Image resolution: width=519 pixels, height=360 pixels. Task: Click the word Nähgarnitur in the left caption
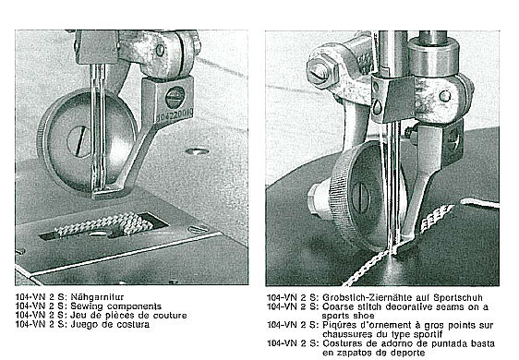[x=97, y=297]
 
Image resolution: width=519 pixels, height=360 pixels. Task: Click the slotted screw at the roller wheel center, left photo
[x=78, y=141]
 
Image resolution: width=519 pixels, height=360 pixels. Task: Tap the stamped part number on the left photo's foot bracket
[x=174, y=115]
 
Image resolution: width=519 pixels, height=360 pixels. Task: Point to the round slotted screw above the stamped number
[x=175, y=97]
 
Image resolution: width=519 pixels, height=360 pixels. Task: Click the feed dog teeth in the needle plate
[x=105, y=224]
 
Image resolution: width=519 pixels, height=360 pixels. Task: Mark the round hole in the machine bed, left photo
[x=197, y=151]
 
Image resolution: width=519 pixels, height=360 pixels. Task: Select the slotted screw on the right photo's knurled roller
[x=360, y=198]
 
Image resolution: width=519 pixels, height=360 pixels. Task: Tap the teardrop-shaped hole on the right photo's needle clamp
[x=378, y=107]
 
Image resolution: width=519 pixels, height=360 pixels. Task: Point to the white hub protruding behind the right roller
[x=318, y=201]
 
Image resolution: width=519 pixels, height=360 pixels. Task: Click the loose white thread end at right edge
[x=479, y=203]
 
